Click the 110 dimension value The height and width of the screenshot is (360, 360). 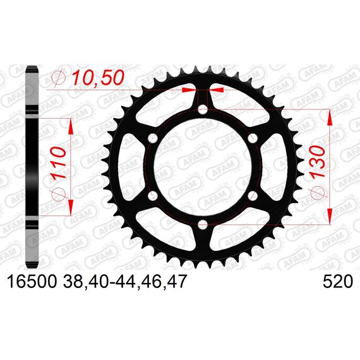(x=58, y=164)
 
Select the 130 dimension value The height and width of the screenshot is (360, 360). (x=318, y=162)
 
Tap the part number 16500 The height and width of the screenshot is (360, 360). (x=32, y=282)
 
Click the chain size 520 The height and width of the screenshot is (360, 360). (x=337, y=282)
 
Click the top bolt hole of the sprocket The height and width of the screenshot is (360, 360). (x=203, y=109)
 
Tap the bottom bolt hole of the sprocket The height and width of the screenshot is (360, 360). (x=203, y=225)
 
